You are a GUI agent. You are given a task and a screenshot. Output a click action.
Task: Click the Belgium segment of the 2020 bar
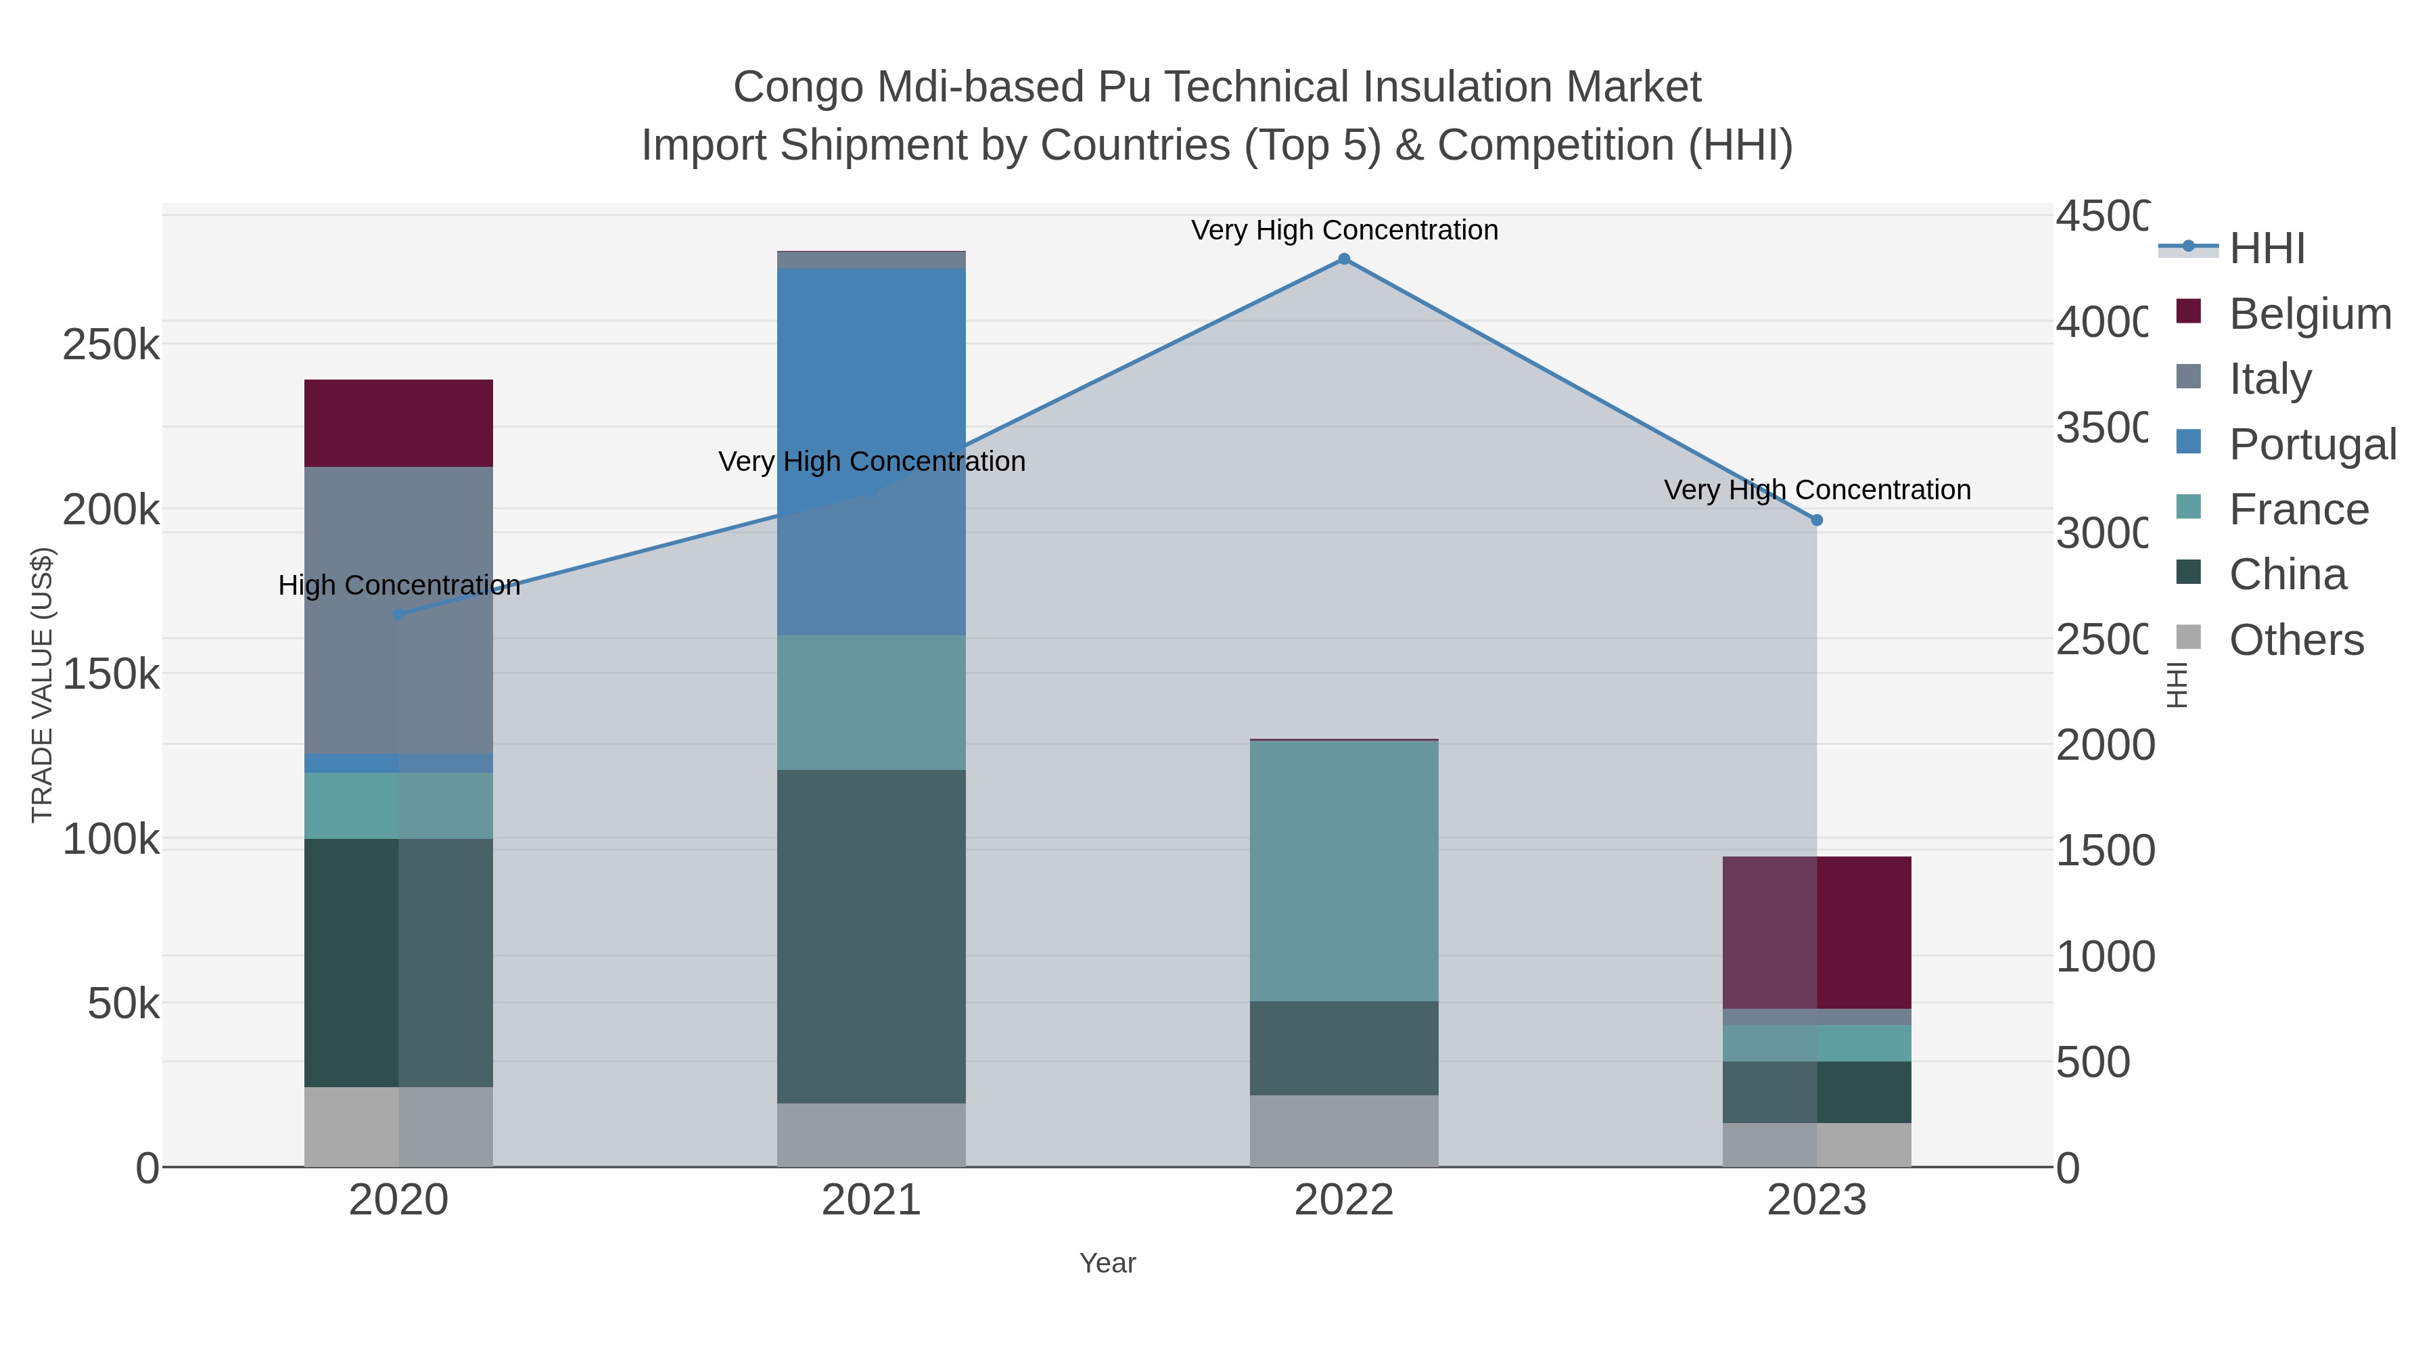(398, 423)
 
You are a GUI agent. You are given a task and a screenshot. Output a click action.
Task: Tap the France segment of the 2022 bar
(1343, 871)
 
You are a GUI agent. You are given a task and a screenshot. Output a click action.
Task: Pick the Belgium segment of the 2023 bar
(1816, 932)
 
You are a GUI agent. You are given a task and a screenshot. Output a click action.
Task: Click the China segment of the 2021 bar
(871, 936)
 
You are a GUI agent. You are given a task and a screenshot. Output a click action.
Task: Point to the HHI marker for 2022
(1343, 259)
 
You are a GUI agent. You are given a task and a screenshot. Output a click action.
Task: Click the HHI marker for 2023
(1816, 520)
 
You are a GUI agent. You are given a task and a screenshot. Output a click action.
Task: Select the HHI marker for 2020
(398, 614)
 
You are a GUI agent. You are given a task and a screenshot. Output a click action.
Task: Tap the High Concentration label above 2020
(398, 585)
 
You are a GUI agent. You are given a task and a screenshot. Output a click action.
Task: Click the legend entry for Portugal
(2311, 443)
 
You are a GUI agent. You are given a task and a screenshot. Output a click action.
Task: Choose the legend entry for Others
(2295, 640)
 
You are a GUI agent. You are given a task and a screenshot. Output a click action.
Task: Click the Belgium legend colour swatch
(2188, 312)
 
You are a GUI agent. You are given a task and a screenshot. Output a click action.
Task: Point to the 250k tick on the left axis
(111, 345)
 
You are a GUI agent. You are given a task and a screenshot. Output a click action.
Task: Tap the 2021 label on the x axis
(871, 1201)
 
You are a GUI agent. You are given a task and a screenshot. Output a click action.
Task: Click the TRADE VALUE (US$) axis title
(43, 685)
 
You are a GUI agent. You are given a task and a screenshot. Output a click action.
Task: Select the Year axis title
(1107, 1263)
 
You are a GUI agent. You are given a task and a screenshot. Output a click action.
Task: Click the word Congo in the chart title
(798, 87)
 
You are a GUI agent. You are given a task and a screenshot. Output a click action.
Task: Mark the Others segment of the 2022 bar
(1343, 1131)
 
